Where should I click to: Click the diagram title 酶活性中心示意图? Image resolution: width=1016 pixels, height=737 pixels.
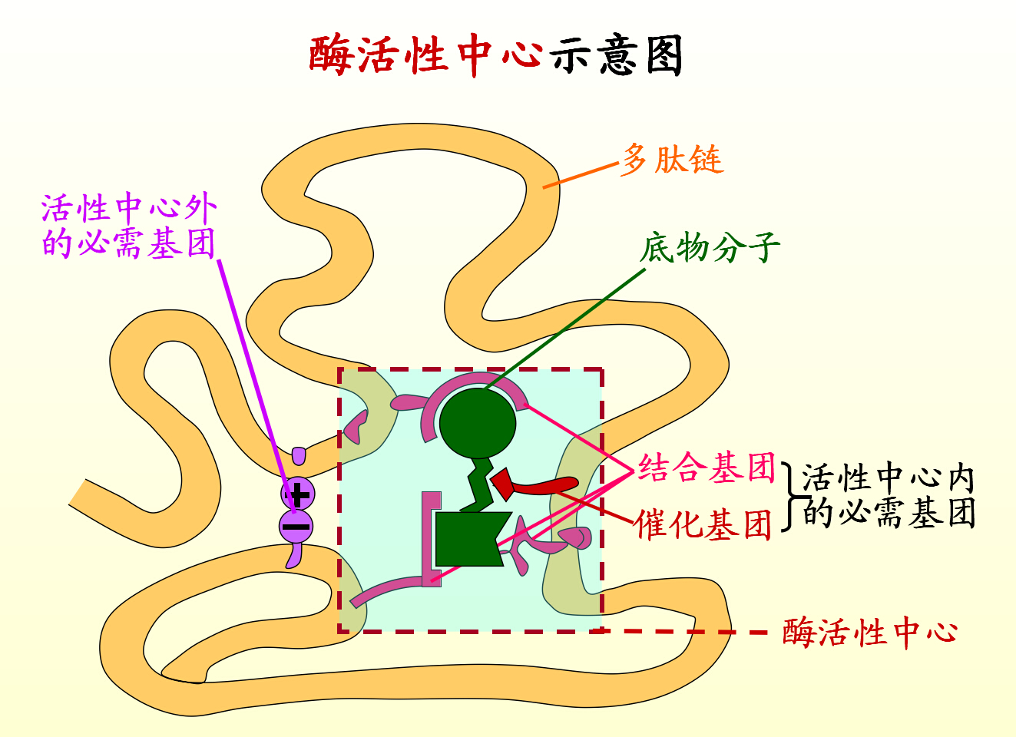[x=496, y=55]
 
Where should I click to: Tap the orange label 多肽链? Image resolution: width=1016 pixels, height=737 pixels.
[x=673, y=160]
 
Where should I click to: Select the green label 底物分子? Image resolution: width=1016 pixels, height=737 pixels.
[x=710, y=247]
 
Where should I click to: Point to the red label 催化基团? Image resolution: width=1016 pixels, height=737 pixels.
[x=703, y=525]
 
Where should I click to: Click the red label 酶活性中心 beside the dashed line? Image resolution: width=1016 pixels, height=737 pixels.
[x=870, y=633]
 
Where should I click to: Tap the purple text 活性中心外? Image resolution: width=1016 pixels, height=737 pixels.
[x=129, y=207]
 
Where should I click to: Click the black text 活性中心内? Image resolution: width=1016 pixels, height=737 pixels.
[x=888, y=479]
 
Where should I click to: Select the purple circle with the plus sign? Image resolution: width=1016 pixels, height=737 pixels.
[x=297, y=494]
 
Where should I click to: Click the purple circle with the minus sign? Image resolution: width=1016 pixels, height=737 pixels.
[x=296, y=527]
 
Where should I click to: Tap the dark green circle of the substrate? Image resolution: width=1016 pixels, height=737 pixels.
[x=477, y=423]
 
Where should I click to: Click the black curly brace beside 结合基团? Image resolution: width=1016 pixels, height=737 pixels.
[x=790, y=496]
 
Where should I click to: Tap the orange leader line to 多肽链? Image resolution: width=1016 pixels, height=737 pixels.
[x=581, y=175]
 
